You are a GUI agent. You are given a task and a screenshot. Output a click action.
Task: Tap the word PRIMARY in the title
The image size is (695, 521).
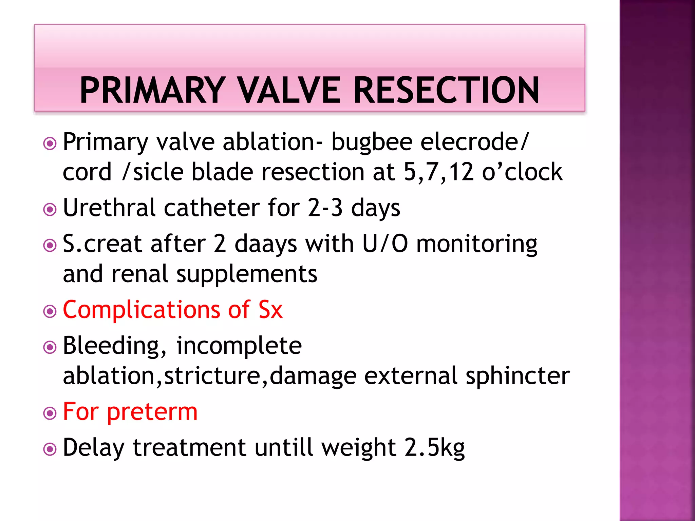click(x=153, y=90)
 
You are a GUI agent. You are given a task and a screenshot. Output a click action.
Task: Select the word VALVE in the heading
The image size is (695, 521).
click(x=289, y=90)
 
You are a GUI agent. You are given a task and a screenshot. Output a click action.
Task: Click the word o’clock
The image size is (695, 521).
click(x=522, y=172)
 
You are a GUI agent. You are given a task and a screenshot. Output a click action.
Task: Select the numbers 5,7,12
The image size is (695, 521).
click(x=438, y=172)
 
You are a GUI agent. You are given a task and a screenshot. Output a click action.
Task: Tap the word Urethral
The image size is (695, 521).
click(x=109, y=208)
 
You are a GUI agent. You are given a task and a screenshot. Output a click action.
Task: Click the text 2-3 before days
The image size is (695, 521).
click(x=325, y=208)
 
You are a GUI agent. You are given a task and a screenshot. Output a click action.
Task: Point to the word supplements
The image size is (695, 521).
click(x=247, y=274)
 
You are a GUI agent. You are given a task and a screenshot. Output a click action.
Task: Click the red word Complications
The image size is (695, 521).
click(x=142, y=310)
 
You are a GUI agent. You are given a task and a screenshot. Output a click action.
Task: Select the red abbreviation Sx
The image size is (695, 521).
click(x=270, y=310)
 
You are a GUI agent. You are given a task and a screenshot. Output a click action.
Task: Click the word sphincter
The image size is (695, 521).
click(x=518, y=376)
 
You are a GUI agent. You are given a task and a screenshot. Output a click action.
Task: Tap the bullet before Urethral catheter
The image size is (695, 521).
click(x=50, y=210)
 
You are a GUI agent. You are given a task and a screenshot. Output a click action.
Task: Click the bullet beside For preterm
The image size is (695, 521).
click(x=50, y=413)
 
